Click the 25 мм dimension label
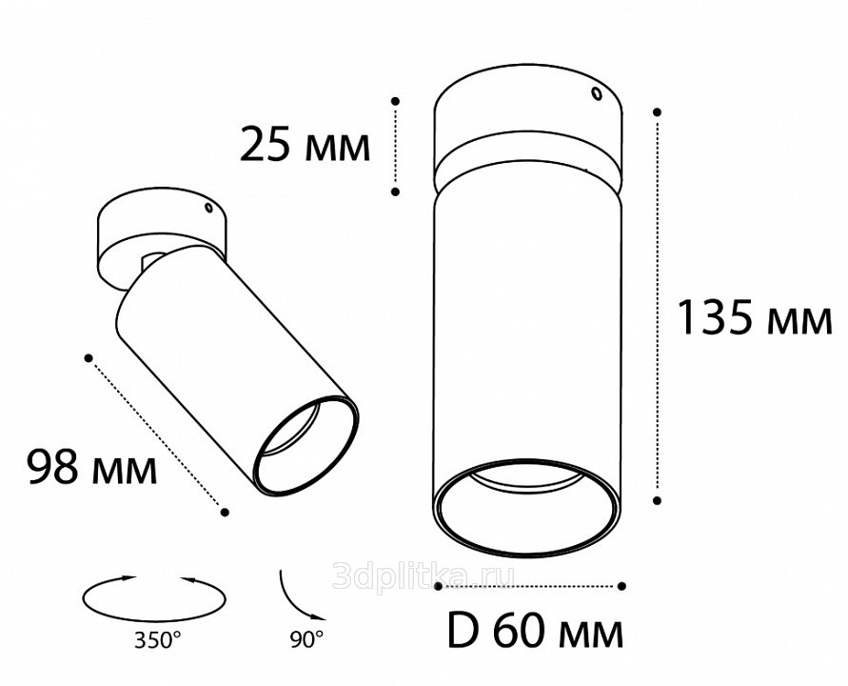[305, 144]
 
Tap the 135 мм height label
[755, 317]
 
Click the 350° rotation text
[157, 640]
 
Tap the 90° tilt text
[306, 640]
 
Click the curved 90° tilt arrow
[296, 599]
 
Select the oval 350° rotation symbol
[154, 598]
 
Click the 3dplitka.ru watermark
[424, 575]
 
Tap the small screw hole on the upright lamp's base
[597, 94]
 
